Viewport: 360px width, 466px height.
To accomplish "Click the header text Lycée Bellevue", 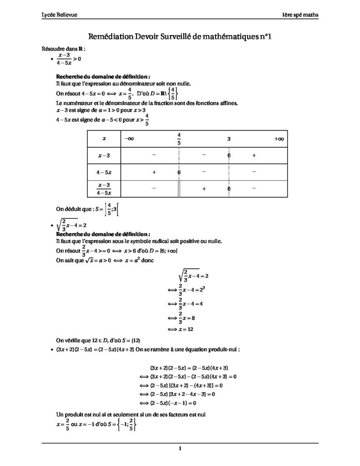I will click(x=59, y=15).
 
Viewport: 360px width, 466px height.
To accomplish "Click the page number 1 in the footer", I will click(x=180, y=449).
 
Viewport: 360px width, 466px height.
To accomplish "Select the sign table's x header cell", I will click(x=104, y=138).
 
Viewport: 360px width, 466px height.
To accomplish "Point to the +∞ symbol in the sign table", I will click(x=279, y=138).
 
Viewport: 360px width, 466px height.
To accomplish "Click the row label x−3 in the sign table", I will click(x=104, y=156).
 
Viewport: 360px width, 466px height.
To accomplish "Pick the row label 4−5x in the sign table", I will click(x=104, y=172).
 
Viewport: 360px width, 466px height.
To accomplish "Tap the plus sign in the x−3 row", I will click(x=254, y=155).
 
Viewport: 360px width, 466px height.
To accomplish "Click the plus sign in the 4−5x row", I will click(x=154, y=172).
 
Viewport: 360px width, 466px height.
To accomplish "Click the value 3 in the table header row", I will click(x=229, y=139).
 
